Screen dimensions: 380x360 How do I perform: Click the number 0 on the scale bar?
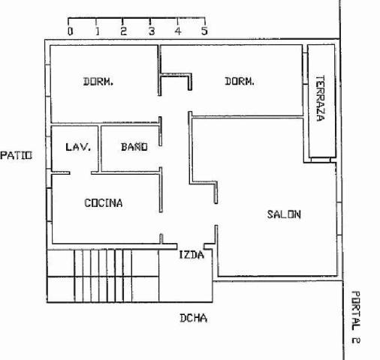(x=71, y=31)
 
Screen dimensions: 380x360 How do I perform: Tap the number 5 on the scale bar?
(x=204, y=31)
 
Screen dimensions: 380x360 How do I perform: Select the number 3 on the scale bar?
(x=152, y=31)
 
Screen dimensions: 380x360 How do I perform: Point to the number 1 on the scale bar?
(x=98, y=31)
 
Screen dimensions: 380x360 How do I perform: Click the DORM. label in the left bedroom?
(x=98, y=82)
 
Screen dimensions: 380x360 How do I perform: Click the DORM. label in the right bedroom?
(x=240, y=81)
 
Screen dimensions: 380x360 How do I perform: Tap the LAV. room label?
(x=78, y=147)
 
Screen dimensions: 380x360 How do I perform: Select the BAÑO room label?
(x=134, y=146)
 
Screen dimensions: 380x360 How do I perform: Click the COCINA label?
(x=104, y=202)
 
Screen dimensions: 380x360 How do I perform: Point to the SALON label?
(x=284, y=214)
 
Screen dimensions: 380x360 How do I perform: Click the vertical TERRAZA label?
(x=321, y=98)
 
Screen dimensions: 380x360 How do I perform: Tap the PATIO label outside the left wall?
(x=17, y=155)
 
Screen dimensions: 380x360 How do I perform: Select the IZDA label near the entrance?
(x=192, y=255)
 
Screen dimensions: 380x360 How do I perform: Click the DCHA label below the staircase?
(x=194, y=318)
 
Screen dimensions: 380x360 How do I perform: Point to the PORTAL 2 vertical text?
(x=356, y=317)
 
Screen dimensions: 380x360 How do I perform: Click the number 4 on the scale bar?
(x=178, y=31)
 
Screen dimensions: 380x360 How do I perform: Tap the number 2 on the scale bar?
(x=123, y=31)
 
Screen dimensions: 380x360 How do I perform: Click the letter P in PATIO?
(x=4, y=155)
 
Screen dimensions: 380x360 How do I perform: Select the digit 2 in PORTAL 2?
(x=356, y=340)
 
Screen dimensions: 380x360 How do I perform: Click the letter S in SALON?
(x=270, y=214)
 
